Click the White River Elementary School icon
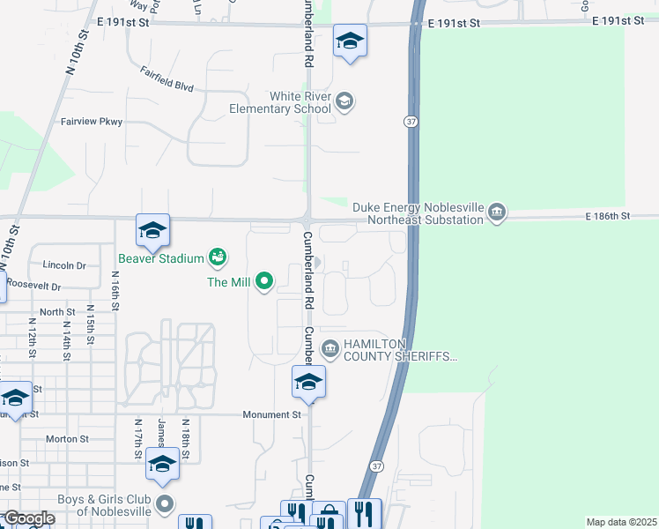tap(344, 101)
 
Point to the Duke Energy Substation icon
tap(497, 212)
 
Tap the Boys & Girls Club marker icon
tap(165, 505)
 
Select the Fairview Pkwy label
tap(92, 122)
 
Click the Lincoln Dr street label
tap(64, 264)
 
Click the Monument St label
tap(272, 414)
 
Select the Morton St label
tap(67, 438)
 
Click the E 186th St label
tap(607, 215)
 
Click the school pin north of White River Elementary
tap(350, 41)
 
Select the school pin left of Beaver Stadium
tap(152, 232)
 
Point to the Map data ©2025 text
tap(620, 522)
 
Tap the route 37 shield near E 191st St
tap(411, 121)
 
